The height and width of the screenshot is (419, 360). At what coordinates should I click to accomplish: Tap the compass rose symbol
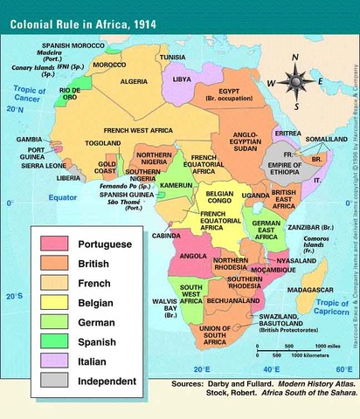pyautogui.click(x=297, y=83)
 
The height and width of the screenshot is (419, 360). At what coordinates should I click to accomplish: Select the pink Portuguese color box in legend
pyautogui.click(x=55, y=243)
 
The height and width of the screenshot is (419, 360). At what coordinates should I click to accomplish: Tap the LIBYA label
pyautogui.click(x=180, y=78)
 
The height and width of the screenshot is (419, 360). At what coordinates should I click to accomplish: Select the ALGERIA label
pyautogui.click(x=134, y=81)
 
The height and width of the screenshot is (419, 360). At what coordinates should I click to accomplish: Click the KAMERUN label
pyautogui.click(x=174, y=186)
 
